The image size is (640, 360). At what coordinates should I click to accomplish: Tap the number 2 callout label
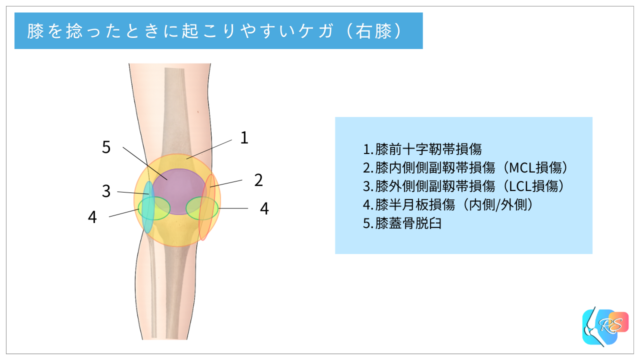[x=258, y=180]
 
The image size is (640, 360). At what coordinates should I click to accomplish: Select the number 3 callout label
[x=106, y=191]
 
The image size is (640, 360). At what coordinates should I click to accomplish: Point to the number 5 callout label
[x=106, y=147]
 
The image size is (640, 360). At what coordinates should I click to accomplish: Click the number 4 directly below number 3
[x=92, y=216]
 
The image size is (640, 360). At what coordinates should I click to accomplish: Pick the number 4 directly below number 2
[x=264, y=209]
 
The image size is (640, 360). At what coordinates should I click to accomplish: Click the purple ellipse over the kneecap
[x=177, y=185]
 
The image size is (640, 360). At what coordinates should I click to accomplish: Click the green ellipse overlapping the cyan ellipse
[x=156, y=208]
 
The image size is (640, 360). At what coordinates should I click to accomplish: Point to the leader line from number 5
[x=139, y=160]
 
